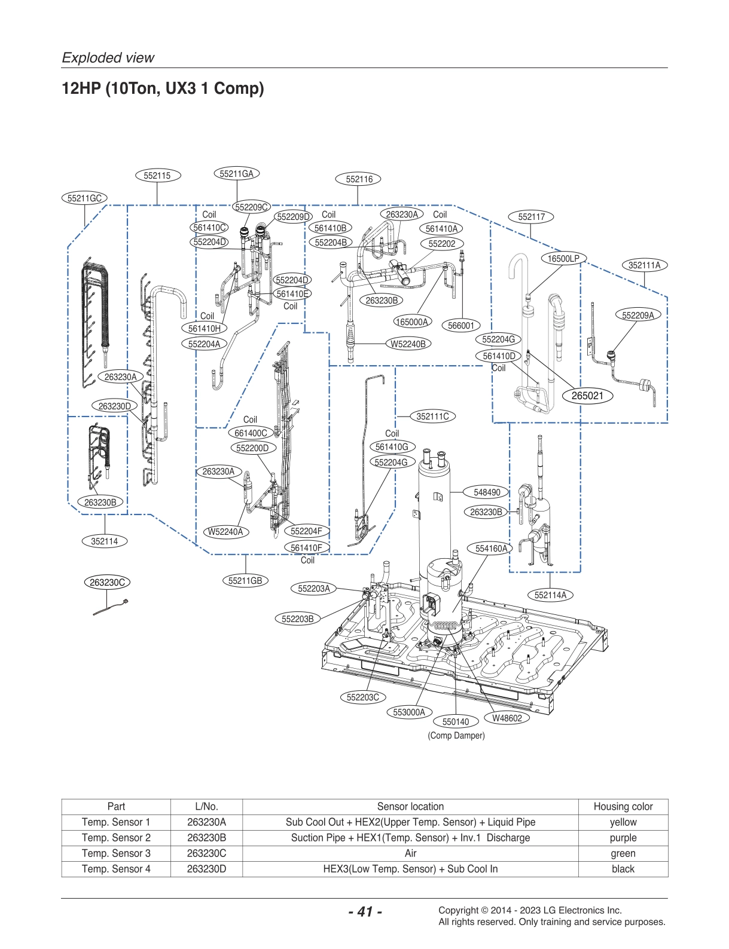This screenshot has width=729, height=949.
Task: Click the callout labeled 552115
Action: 157,176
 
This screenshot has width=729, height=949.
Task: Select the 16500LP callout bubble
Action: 563,259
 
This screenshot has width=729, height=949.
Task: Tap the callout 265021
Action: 587,396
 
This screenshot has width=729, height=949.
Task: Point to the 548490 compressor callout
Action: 487,492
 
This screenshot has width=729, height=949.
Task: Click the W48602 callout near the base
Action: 507,718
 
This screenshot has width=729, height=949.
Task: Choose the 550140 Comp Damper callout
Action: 456,722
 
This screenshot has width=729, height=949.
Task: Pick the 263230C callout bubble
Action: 107,583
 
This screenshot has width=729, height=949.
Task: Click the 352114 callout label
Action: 105,541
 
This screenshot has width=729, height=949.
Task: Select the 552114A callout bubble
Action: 550,595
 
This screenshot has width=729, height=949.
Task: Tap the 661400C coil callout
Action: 251,433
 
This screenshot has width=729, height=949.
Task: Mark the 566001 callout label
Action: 461,326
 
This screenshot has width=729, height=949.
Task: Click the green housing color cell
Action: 623,853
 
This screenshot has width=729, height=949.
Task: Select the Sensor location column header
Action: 410,807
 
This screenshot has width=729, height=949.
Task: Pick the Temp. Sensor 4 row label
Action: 116,869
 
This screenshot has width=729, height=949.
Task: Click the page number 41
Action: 365,911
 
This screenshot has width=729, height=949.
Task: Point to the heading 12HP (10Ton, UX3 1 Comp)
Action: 163,88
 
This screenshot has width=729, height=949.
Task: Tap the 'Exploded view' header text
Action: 108,58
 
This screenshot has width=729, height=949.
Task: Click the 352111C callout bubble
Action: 432,417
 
